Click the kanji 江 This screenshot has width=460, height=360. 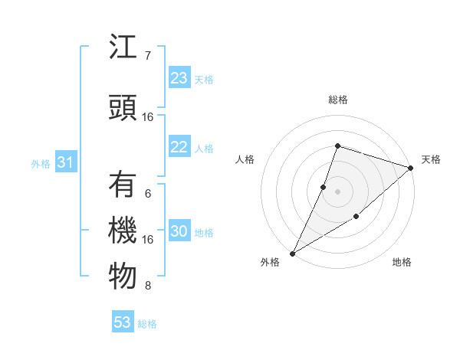pyautogui.click(x=123, y=49)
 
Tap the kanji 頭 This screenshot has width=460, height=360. pyautogui.click(x=123, y=106)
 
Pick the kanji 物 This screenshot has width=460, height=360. pyautogui.click(x=123, y=277)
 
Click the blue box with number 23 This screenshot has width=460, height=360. pyautogui.click(x=179, y=78)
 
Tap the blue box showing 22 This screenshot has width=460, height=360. pyautogui.click(x=179, y=148)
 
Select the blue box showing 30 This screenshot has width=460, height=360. pyautogui.click(x=179, y=232)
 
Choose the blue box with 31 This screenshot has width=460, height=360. pyautogui.click(x=65, y=162)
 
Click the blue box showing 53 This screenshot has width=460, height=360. pyautogui.click(x=123, y=322)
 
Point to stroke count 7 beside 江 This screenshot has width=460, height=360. pyautogui.click(x=148, y=55)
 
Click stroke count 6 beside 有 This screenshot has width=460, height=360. pyautogui.click(x=148, y=194)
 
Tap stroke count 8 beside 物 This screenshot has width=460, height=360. pyautogui.click(x=148, y=286)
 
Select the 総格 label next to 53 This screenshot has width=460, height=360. pyautogui.click(x=147, y=324)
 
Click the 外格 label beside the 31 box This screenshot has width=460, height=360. pyautogui.click(x=41, y=163)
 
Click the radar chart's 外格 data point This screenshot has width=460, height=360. pyautogui.click(x=292, y=253)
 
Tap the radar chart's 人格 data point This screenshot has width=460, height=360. pyautogui.click(x=324, y=187)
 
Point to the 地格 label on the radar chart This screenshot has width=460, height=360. pyautogui.click(x=402, y=262)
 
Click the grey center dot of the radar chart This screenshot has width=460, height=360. pyautogui.click(x=337, y=191)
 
